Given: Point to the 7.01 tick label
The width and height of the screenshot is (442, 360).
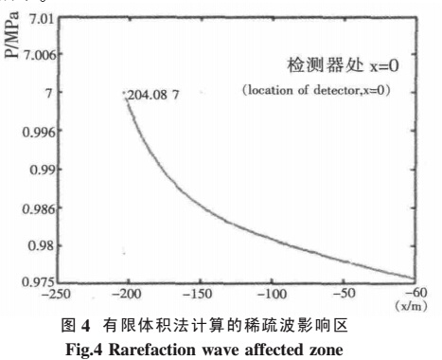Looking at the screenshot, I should [41, 19].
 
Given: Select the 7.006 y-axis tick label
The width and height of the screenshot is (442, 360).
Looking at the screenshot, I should [37, 55].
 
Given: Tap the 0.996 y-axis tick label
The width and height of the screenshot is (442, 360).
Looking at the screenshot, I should [37, 132].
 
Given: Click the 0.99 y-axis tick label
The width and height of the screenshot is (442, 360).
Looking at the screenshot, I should [41, 168].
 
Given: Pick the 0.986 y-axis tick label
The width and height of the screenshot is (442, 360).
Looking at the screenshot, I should [37, 207].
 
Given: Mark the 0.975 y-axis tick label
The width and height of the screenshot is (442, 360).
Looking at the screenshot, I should [37, 280].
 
